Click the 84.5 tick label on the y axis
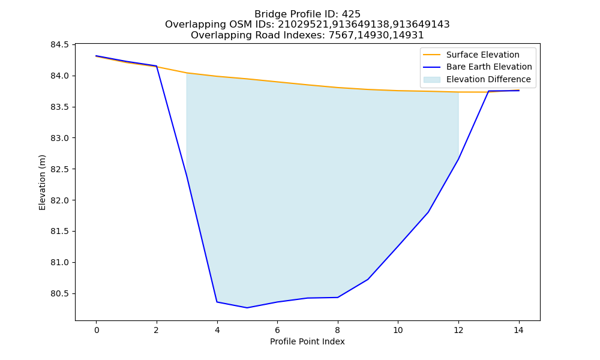[x=59, y=45]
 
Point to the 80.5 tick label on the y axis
[x=59, y=294]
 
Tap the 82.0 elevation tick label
[x=59, y=200]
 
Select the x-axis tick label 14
[x=518, y=330]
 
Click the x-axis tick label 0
[x=97, y=330]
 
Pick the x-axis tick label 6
[x=277, y=330]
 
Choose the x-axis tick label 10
[x=398, y=330]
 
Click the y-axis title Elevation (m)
[x=42, y=182]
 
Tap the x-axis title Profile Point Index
[x=307, y=341]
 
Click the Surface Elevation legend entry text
[x=483, y=55]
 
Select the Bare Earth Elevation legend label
[x=489, y=67]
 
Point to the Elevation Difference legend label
[x=488, y=80]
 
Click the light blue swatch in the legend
[x=431, y=80]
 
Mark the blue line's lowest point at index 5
[x=247, y=308]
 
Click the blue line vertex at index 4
[x=217, y=302]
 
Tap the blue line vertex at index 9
[x=368, y=279]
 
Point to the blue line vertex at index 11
[x=428, y=212]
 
